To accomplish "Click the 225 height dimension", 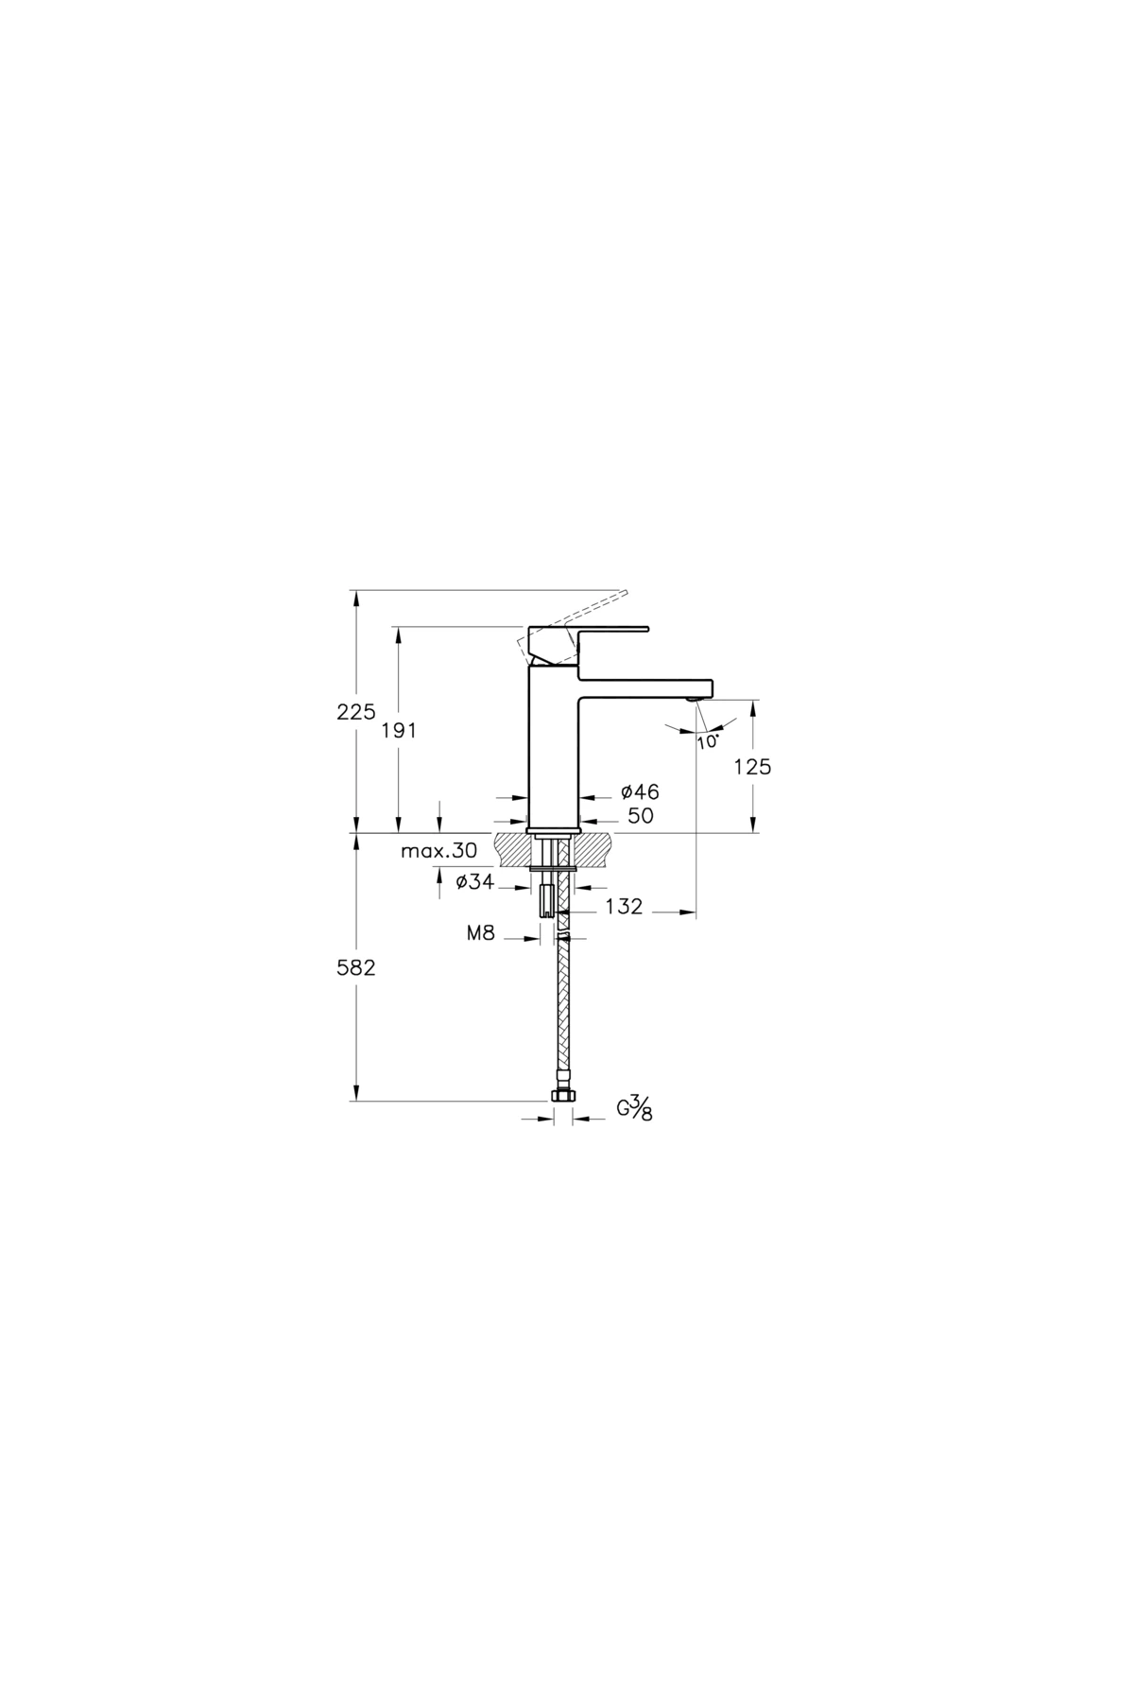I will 356,712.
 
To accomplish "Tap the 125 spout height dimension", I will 752,767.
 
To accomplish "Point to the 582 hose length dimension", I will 356,968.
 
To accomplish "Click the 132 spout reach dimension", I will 624,907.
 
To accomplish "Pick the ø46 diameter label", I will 640,792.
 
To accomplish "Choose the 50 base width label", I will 640,816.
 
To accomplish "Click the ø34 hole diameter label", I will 474,882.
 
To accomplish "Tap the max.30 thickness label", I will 438,851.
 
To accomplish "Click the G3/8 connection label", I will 635,1108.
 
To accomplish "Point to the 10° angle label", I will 708,741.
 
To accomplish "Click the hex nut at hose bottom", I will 562,1095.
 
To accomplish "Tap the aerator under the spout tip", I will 695,699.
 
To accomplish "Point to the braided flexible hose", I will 564,1012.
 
